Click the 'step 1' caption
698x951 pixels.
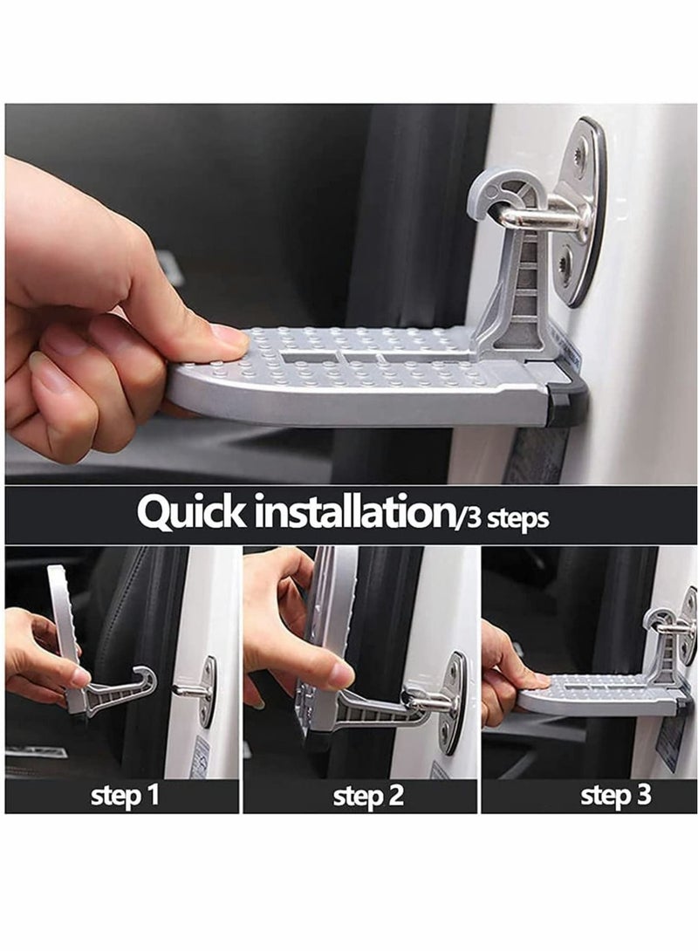point(124,795)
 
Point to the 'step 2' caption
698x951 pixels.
point(368,795)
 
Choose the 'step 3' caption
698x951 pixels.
point(615,795)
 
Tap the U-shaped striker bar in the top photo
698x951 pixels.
point(535,218)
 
